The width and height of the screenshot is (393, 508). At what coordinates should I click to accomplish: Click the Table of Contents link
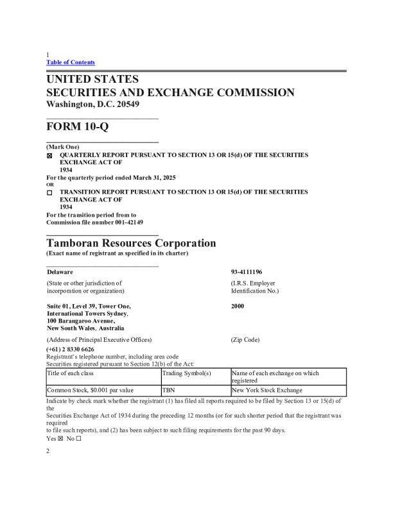71,62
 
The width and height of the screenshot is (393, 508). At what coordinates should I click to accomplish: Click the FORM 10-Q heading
78,127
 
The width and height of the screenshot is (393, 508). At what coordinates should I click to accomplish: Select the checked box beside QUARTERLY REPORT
49,156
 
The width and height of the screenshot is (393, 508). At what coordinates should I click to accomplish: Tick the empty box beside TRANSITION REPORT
49,192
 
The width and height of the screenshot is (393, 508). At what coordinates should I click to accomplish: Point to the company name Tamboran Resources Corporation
131,244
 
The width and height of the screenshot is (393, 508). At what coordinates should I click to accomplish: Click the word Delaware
60,272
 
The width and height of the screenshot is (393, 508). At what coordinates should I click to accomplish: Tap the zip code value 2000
238,307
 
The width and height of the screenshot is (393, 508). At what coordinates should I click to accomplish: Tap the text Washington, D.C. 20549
92,105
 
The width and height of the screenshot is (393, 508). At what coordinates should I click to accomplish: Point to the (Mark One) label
63,148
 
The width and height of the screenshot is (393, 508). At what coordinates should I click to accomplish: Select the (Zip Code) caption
245,339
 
